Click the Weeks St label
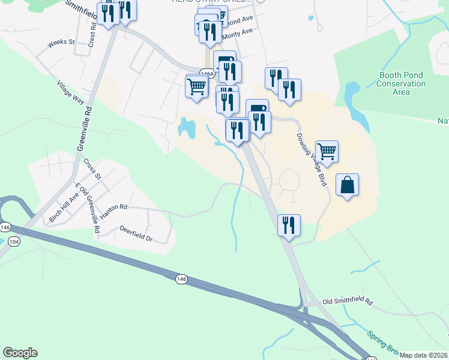pyautogui.click(x=61, y=43)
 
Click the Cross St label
pyautogui.click(x=91, y=169)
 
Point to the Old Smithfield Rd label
pyautogui.click(x=348, y=301)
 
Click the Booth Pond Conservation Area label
pyautogui.click(x=401, y=83)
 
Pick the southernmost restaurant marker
pyautogui.click(x=289, y=225)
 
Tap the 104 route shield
pyautogui.click(x=14, y=240)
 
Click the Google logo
pyautogui.click(x=20, y=353)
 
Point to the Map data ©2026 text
pyautogui.click(x=424, y=355)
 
